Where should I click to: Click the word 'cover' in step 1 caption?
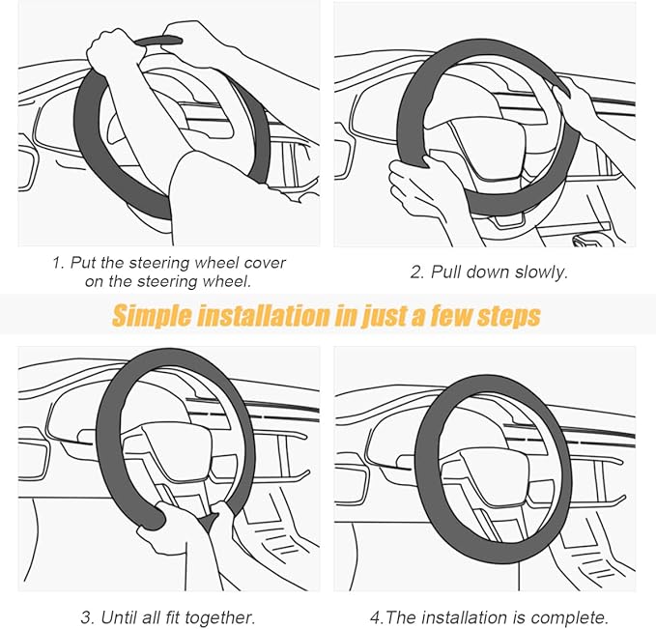click(x=265, y=263)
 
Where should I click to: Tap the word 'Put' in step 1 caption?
click(x=83, y=263)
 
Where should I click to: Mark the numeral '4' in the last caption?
click(x=375, y=617)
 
